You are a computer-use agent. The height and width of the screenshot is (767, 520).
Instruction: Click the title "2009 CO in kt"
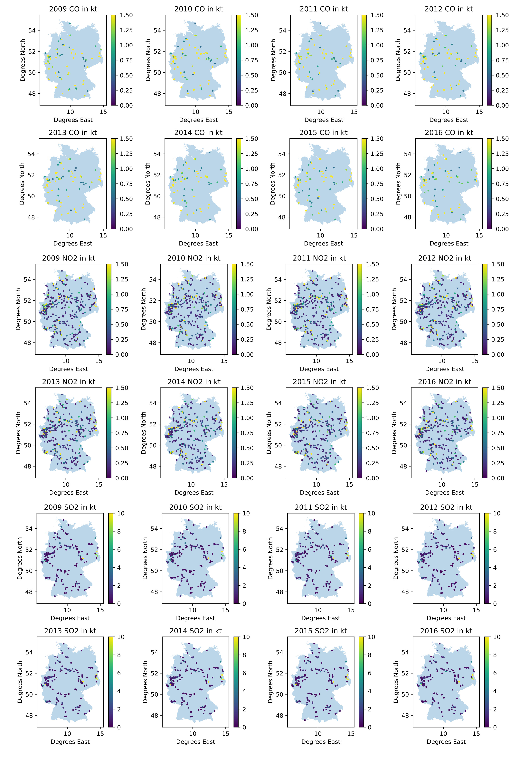pos(73,9)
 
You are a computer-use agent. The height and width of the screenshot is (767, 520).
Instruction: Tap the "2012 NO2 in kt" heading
pos(444,258)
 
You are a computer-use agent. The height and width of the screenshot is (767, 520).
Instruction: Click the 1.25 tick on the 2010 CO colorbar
pos(251,30)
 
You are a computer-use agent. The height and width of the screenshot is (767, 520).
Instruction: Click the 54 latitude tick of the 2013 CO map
pos(31,154)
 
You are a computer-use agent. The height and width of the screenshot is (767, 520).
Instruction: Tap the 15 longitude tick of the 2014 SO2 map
pos(226,734)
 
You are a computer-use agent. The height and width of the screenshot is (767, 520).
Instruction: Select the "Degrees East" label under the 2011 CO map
pos(324,120)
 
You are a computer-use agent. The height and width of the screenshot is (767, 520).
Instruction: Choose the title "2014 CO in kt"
pos(198,132)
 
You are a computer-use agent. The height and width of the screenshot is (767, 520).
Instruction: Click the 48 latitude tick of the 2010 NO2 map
pos(152,343)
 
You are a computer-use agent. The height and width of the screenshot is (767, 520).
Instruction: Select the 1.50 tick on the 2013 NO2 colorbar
pos(122,388)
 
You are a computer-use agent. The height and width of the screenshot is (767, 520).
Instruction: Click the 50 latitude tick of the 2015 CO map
pos(281,196)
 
